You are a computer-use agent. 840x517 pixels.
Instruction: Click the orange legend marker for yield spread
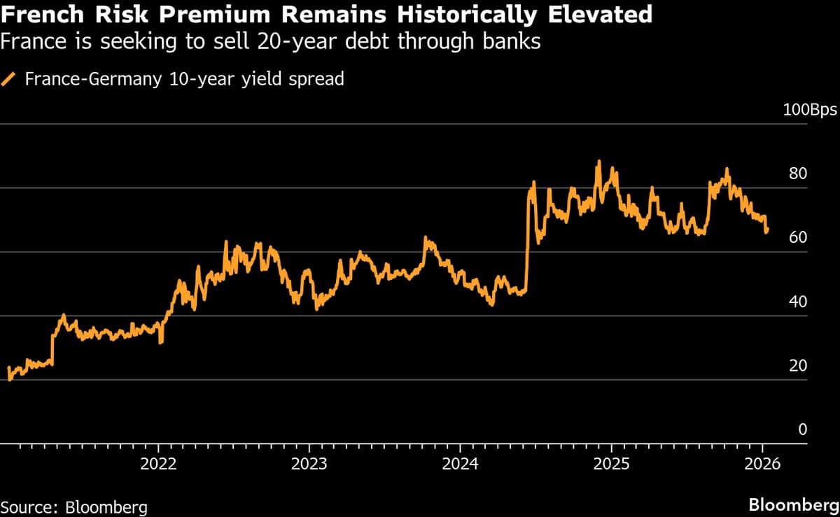click(10, 79)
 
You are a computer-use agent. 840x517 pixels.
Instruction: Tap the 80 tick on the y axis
click(798, 174)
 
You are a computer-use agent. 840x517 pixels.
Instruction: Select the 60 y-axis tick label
click(798, 238)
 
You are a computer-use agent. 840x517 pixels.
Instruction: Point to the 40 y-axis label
click(798, 302)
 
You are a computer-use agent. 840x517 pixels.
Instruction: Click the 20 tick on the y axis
click(798, 366)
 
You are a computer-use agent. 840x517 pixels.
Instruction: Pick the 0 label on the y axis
click(803, 430)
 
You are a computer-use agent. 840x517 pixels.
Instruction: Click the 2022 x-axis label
click(158, 465)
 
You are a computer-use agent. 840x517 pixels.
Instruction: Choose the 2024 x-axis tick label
click(460, 465)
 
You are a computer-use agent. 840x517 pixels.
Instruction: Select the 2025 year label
click(611, 465)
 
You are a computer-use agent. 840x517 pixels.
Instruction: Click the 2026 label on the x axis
click(762, 465)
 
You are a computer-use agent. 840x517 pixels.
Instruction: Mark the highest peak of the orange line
click(598, 162)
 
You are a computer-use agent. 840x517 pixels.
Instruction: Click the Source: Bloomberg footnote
click(73, 506)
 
